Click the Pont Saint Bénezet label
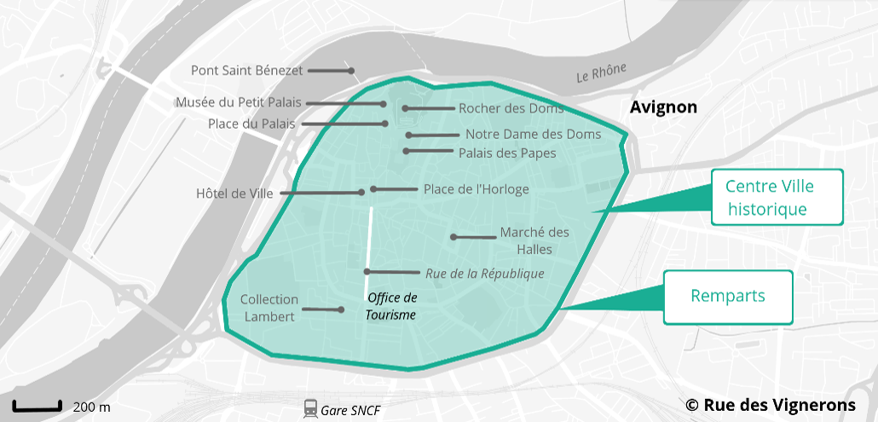pyautogui.click(x=246, y=70)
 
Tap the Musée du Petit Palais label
pyautogui.click(x=239, y=102)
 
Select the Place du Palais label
pyautogui.click(x=251, y=124)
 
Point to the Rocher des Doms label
pyautogui.click(x=511, y=108)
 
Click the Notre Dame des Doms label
pyautogui.click(x=533, y=134)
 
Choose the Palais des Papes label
pyautogui.click(x=507, y=153)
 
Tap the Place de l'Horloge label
pyautogui.click(x=476, y=189)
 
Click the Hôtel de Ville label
pyautogui.click(x=234, y=194)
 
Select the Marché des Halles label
pyautogui.click(x=534, y=240)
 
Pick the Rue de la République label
pyautogui.click(x=484, y=274)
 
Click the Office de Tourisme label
pyautogui.click(x=391, y=306)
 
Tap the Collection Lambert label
pyautogui.click(x=269, y=308)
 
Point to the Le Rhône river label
pyautogui.click(x=601, y=72)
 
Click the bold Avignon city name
pyautogui.click(x=663, y=107)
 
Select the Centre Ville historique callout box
pyautogui.click(x=769, y=197)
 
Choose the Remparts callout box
pyautogui.click(x=727, y=297)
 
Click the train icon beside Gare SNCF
pyautogui.click(x=310, y=409)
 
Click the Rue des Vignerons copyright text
pyautogui.click(x=771, y=405)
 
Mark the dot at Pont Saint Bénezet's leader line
pyautogui.click(x=350, y=71)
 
